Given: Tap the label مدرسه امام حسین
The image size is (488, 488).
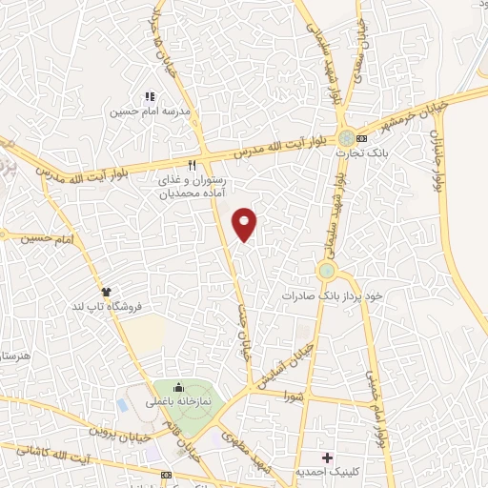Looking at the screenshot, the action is point(151,111).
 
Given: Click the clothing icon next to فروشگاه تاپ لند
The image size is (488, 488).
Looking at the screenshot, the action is point(106,292).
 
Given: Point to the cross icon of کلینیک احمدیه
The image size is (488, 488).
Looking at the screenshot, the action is point(327,457).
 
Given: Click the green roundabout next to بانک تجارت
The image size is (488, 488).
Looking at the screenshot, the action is point(345,136).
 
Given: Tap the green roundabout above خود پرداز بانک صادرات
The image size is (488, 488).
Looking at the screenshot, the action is point(327,272).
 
